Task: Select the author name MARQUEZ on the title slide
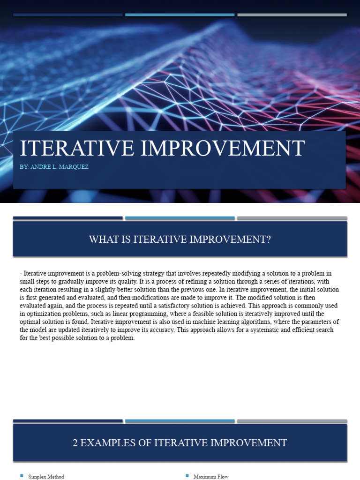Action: pyautogui.click(x=73, y=167)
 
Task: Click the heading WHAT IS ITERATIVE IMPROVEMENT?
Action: pyautogui.click(x=180, y=240)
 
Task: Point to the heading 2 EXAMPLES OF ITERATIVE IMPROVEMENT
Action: pyautogui.click(x=180, y=442)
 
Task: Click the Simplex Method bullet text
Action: pyautogui.click(x=46, y=476)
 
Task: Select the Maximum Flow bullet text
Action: pyautogui.click(x=211, y=476)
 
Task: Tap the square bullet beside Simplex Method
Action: pyautogui.click(x=22, y=476)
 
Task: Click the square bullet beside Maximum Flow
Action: pyautogui.click(x=187, y=476)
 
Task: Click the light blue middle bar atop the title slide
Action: pyautogui.click(x=180, y=15)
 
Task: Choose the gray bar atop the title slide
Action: pyautogui.click(x=292, y=15)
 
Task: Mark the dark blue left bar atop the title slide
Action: pyautogui.click(x=67, y=15)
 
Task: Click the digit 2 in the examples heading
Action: pyautogui.click(x=75, y=442)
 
